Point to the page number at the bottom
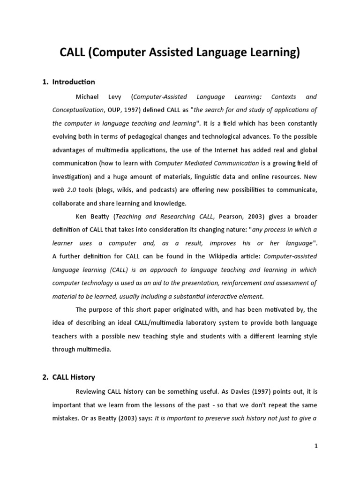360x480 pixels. [x=316, y=446]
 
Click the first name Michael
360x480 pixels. [x=88, y=97]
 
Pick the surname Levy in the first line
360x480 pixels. [x=115, y=97]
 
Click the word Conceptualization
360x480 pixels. [x=78, y=110]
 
